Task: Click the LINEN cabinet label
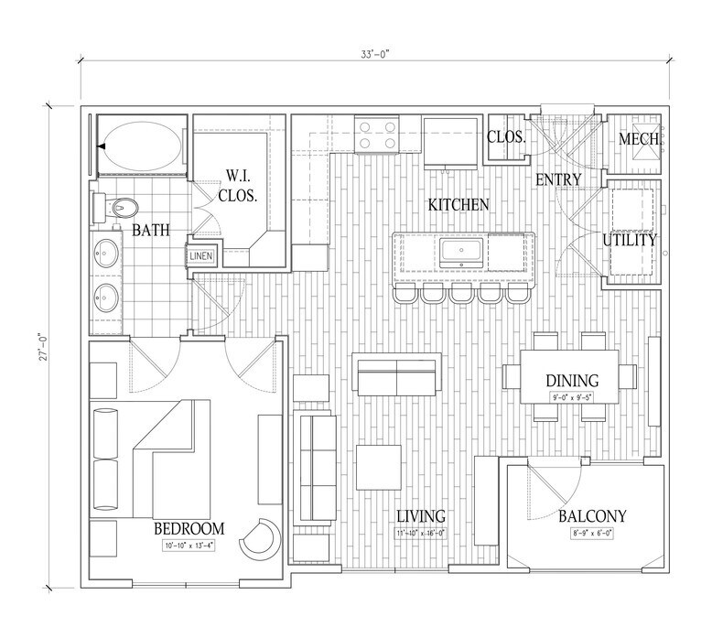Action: pos(201,256)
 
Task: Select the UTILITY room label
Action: pos(630,241)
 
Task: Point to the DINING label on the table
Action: pos(572,380)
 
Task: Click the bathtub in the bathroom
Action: pos(138,146)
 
